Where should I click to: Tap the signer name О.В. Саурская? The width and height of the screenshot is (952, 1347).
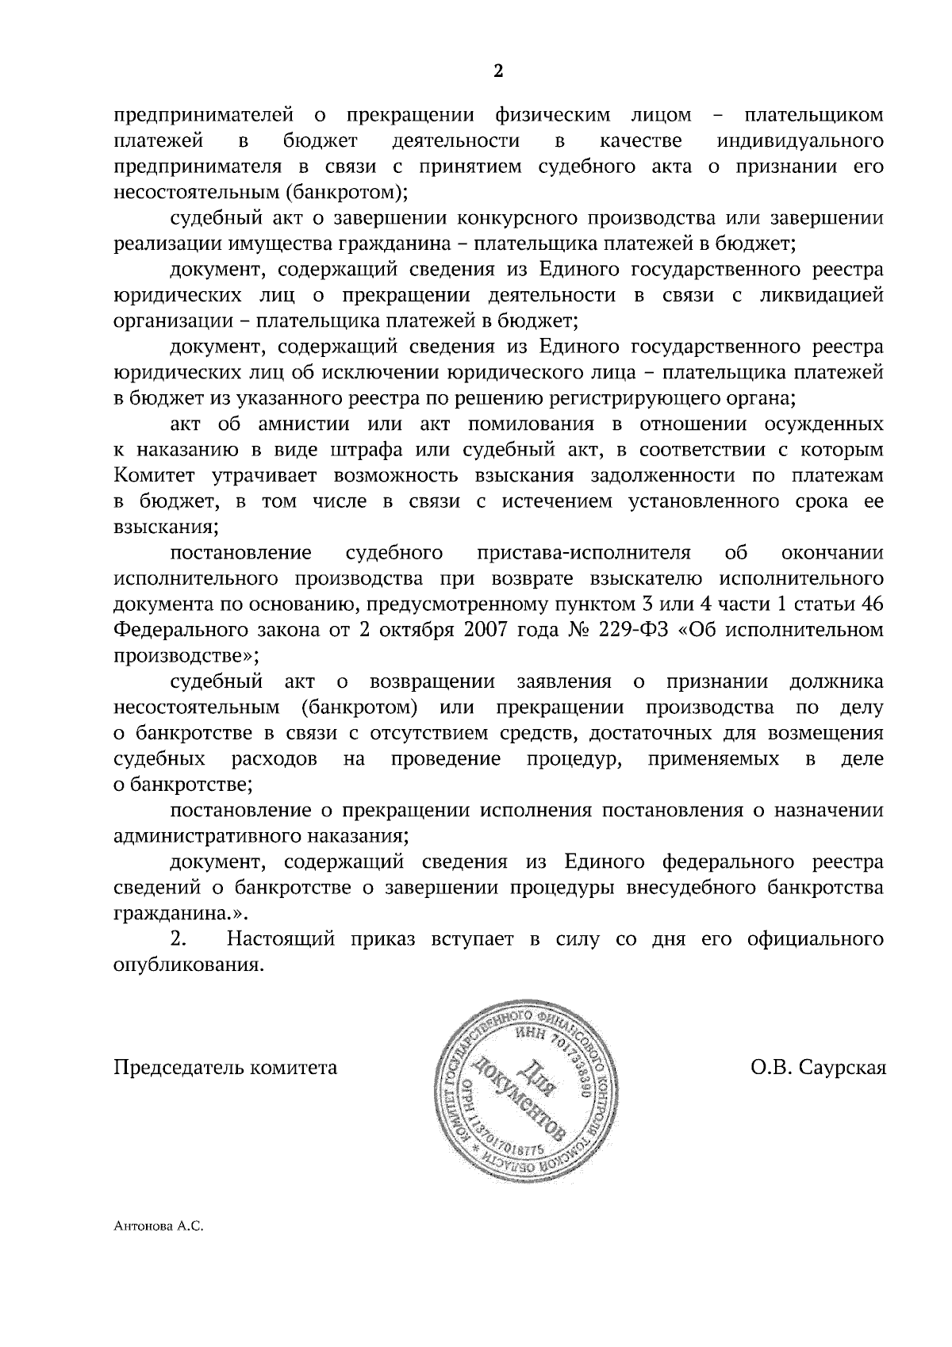point(819,1067)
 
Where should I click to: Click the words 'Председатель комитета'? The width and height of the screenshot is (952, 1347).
point(226,1067)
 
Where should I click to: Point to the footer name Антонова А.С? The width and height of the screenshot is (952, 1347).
point(159,1249)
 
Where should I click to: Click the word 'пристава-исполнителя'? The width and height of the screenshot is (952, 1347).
point(585,552)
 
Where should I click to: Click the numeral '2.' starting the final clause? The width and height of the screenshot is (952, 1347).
point(179,939)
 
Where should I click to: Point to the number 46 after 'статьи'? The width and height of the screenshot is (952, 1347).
point(872,604)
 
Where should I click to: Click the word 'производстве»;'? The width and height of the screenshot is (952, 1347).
point(186,655)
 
